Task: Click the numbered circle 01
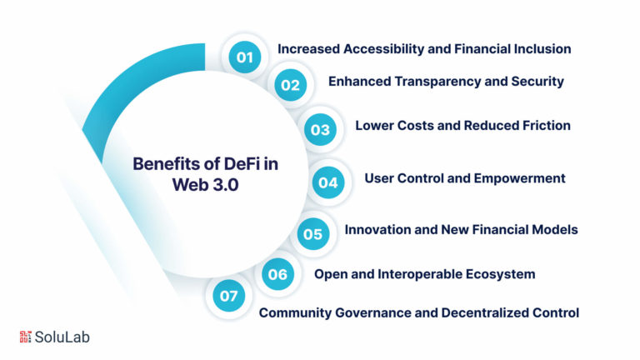[245, 57]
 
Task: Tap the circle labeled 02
[290, 85]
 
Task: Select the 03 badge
[320, 130]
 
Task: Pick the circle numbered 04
[328, 182]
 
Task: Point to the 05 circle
[313, 234]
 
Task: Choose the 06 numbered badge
[277, 274]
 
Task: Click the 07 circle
[228, 296]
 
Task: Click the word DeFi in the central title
[242, 164]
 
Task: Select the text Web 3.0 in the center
[205, 185]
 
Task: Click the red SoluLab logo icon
[25, 337]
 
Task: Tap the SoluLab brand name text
[62, 337]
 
